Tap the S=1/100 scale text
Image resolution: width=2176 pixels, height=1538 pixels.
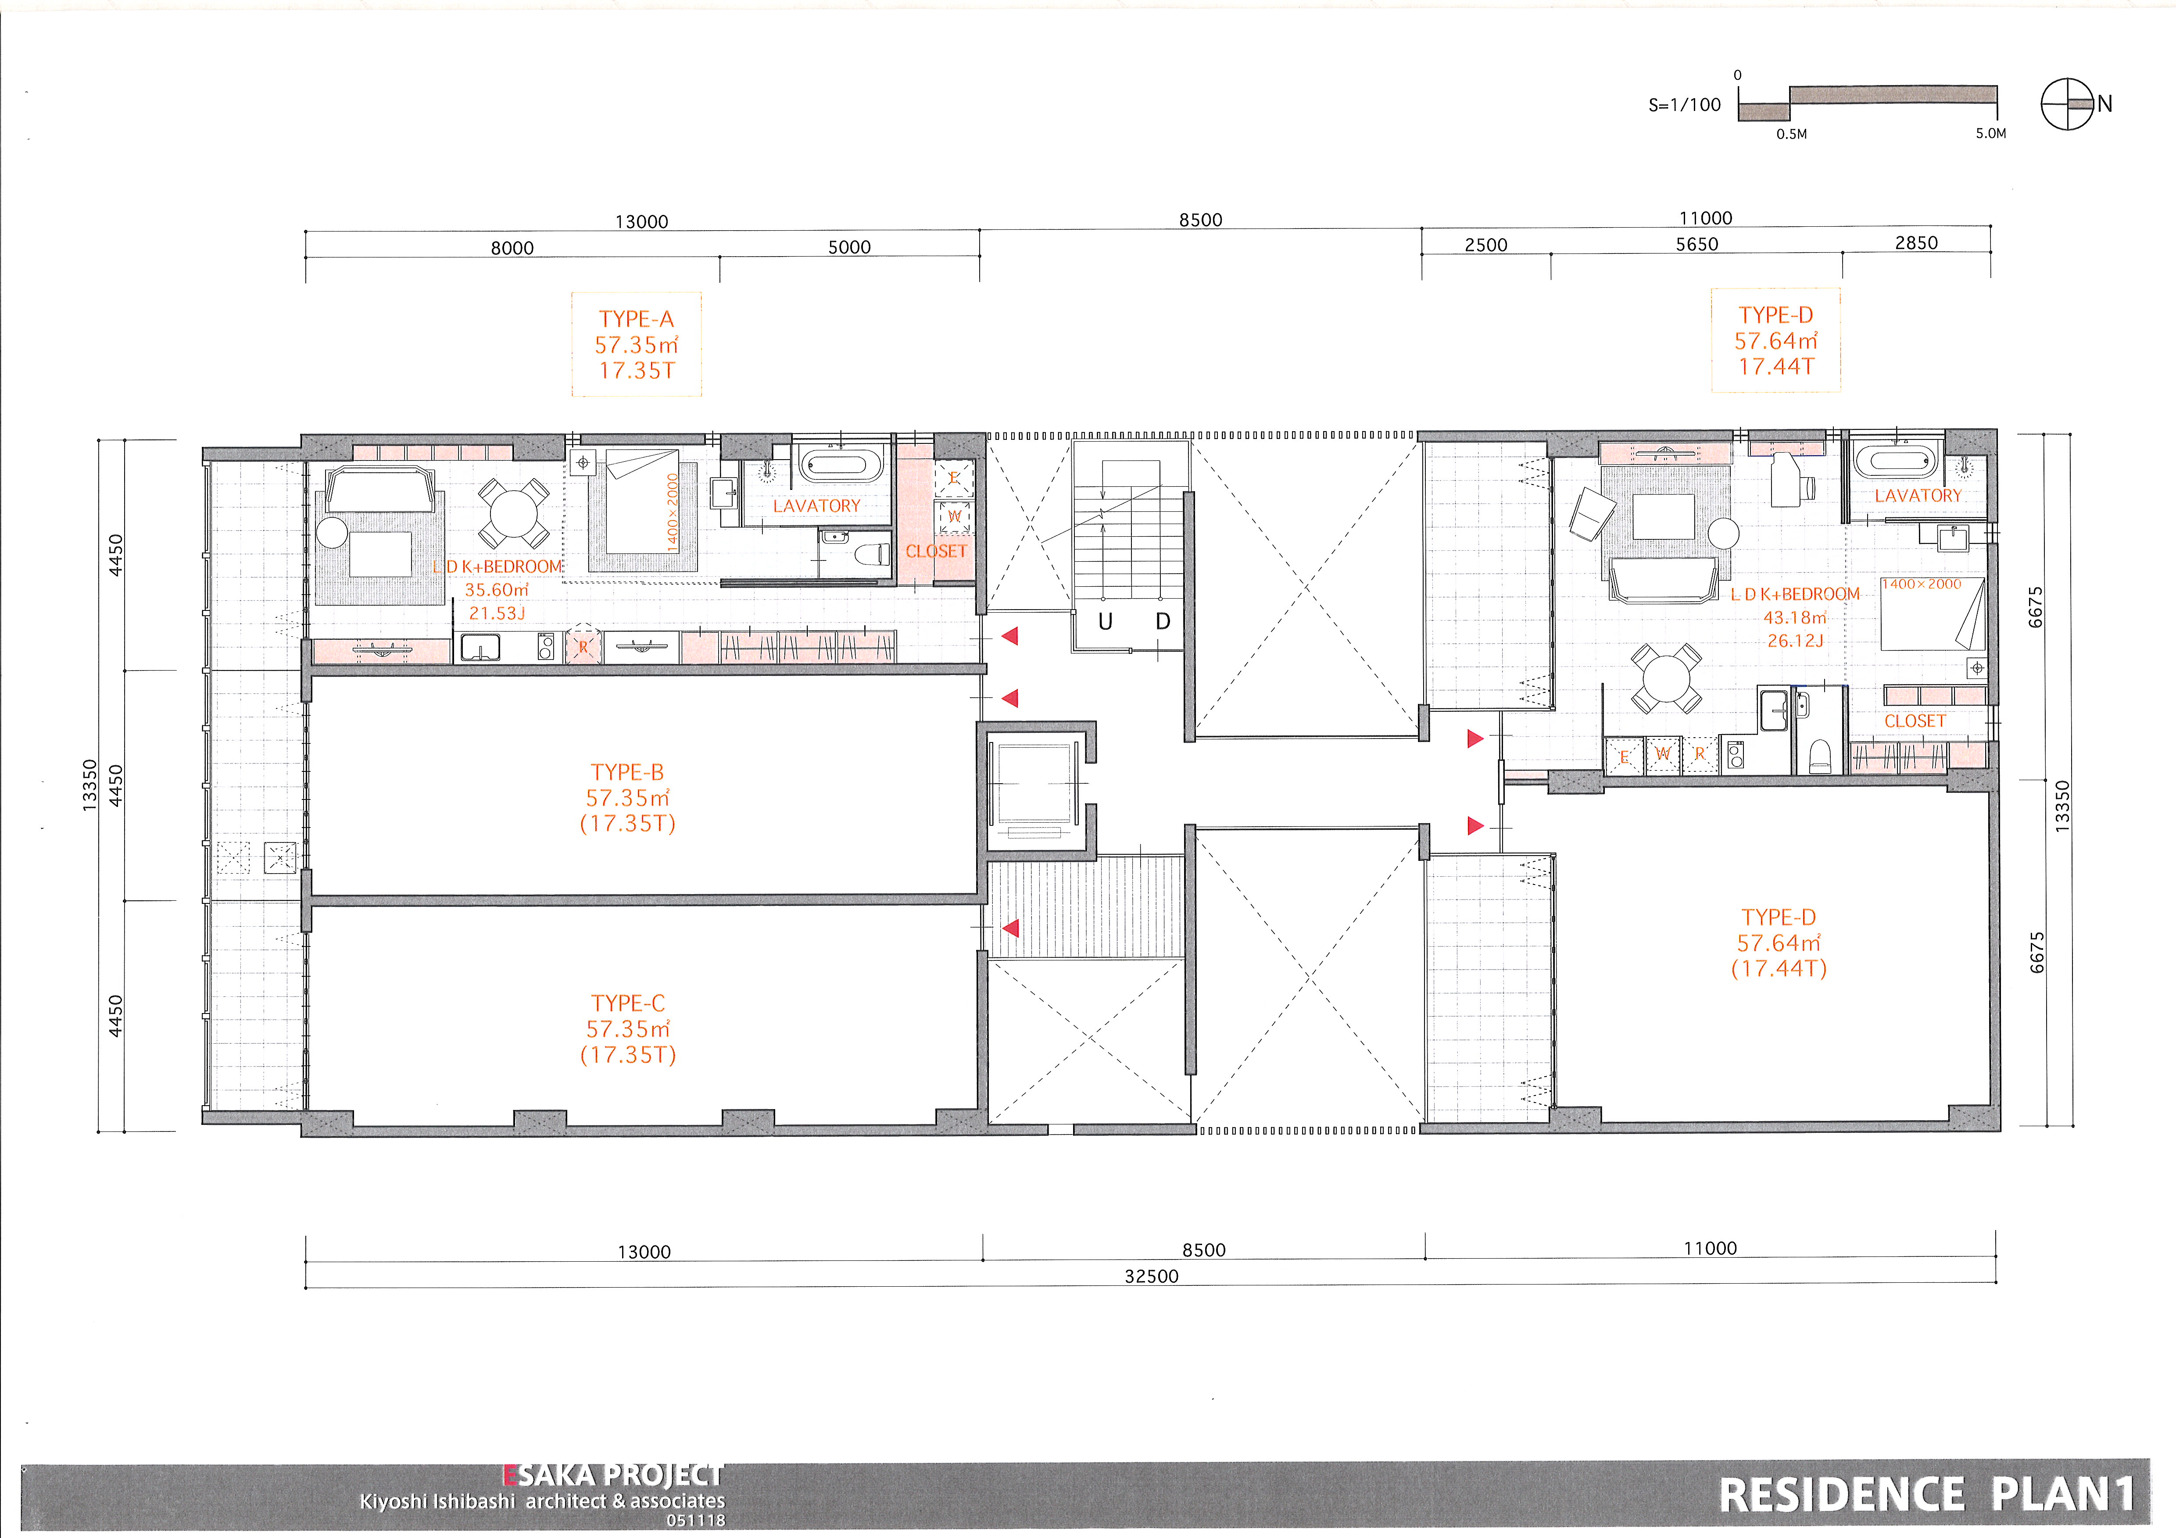pyautogui.click(x=1684, y=105)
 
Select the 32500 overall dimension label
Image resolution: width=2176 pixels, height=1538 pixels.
pyautogui.click(x=1152, y=1277)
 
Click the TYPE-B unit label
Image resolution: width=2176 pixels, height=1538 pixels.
pyautogui.click(x=627, y=772)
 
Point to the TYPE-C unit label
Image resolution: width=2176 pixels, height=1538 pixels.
pyautogui.click(x=628, y=1003)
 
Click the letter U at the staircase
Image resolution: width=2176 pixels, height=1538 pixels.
pyautogui.click(x=1105, y=621)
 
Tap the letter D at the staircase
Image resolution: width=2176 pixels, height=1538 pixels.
pyautogui.click(x=1163, y=621)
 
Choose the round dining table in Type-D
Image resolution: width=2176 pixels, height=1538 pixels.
pyautogui.click(x=1665, y=678)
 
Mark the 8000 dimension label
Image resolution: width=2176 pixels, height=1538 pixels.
pyautogui.click(x=512, y=248)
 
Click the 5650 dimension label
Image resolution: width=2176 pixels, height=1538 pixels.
pyautogui.click(x=1696, y=244)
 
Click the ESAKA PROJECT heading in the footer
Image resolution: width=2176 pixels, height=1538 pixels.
pyautogui.click(x=613, y=1475)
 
